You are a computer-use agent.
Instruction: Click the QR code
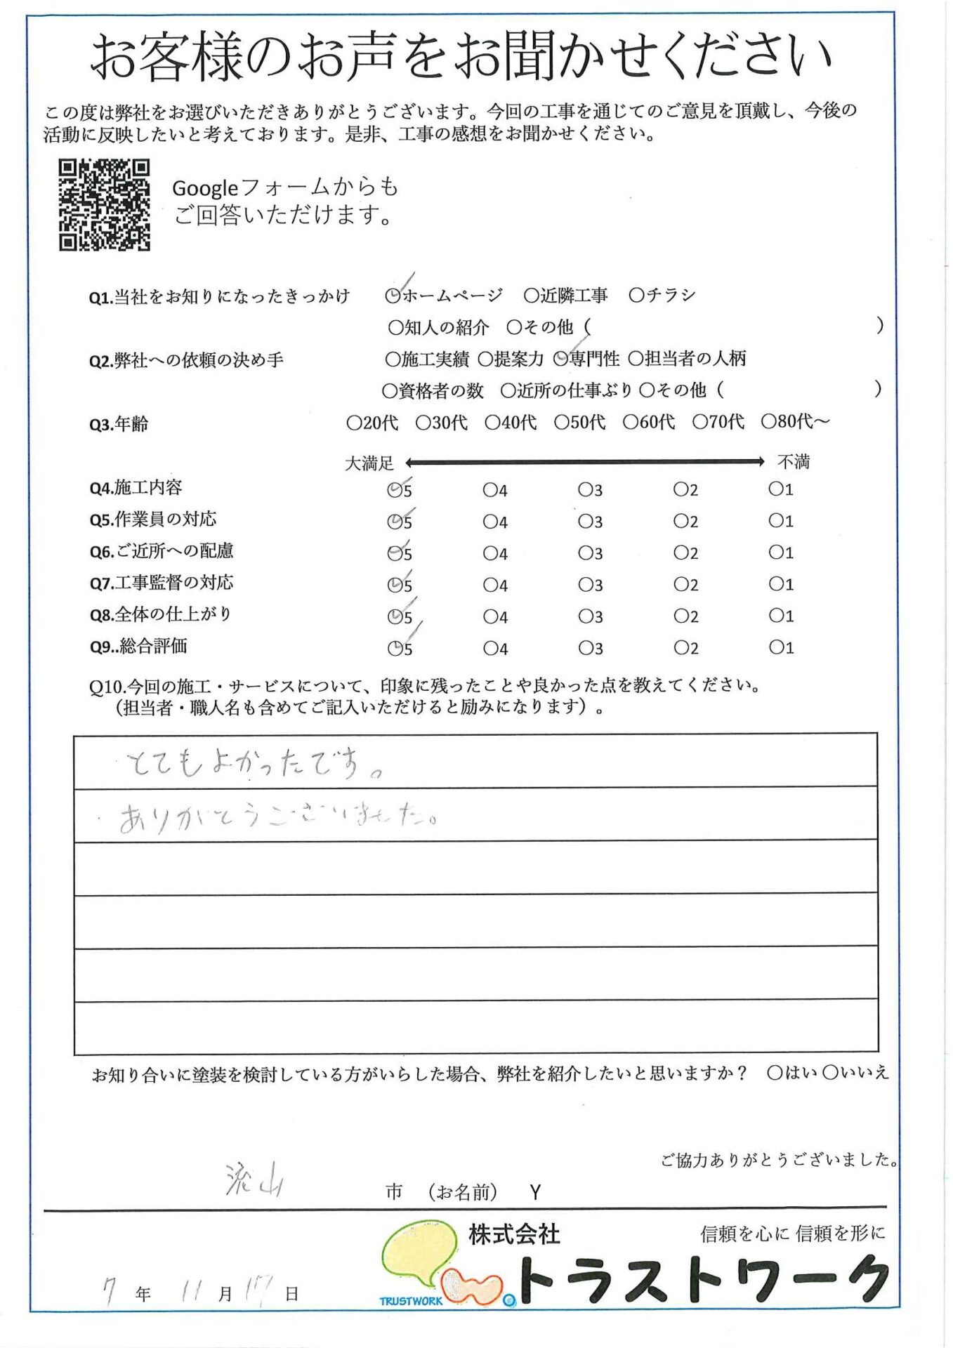(x=104, y=205)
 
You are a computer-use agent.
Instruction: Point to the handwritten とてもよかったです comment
(x=253, y=764)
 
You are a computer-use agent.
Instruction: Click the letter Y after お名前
(x=535, y=1192)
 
